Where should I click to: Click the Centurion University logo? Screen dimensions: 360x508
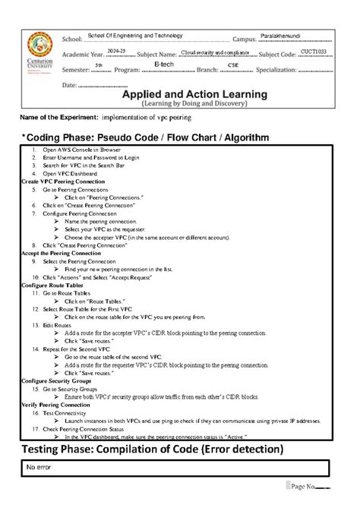(40, 52)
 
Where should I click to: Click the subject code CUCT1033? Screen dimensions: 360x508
(312, 51)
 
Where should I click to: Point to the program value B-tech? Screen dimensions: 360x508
(163, 66)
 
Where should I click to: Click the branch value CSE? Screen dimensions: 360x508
(233, 67)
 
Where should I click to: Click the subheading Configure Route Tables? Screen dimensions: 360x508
(51, 285)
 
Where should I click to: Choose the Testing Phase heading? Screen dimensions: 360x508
(149, 450)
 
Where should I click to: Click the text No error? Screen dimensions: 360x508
(39, 467)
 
